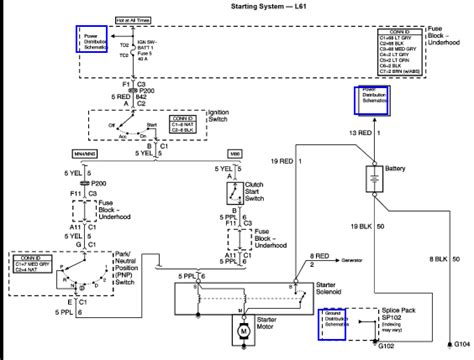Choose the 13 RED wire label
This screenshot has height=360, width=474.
pos(354,131)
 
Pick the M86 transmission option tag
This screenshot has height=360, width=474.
pos(235,152)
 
